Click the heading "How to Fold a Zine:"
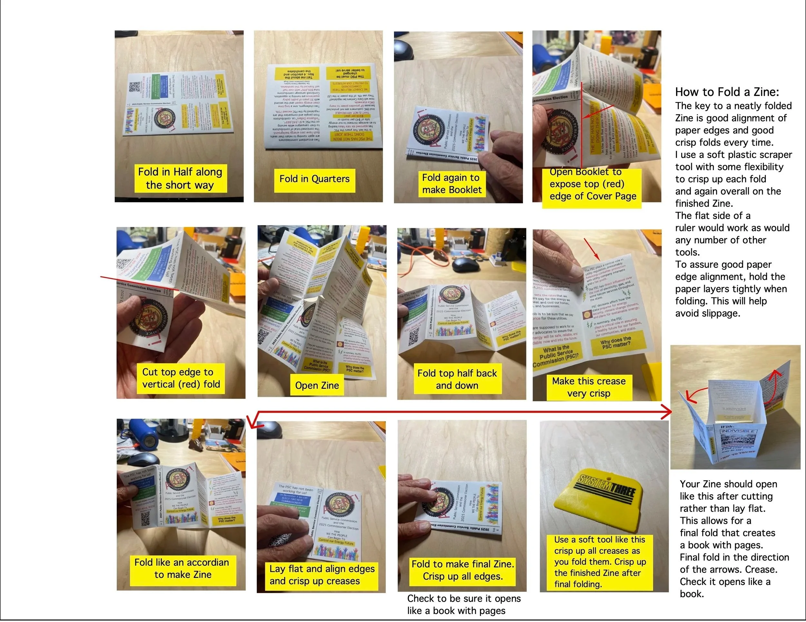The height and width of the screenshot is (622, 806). pyautogui.click(x=727, y=92)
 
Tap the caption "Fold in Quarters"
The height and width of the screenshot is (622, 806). pyautogui.click(x=314, y=179)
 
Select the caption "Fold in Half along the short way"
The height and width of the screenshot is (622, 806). pyautogui.click(x=180, y=178)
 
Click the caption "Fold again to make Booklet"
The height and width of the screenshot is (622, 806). pyautogui.click(x=451, y=184)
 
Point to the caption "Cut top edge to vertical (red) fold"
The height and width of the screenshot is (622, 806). pyautogui.click(x=181, y=378)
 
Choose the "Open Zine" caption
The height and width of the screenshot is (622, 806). pyautogui.click(x=317, y=386)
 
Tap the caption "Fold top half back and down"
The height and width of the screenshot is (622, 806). pyautogui.click(x=457, y=379)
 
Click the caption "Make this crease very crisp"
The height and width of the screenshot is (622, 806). pyautogui.click(x=589, y=387)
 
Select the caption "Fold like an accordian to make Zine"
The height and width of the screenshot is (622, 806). pyautogui.click(x=182, y=569)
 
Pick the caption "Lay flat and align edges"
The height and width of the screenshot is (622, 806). pyautogui.click(x=322, y=569)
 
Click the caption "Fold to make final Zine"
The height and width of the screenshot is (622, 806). pyautogui.click(x=462, y=564)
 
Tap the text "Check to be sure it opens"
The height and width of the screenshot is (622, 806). pyautogui.click(x=464, y=599)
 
